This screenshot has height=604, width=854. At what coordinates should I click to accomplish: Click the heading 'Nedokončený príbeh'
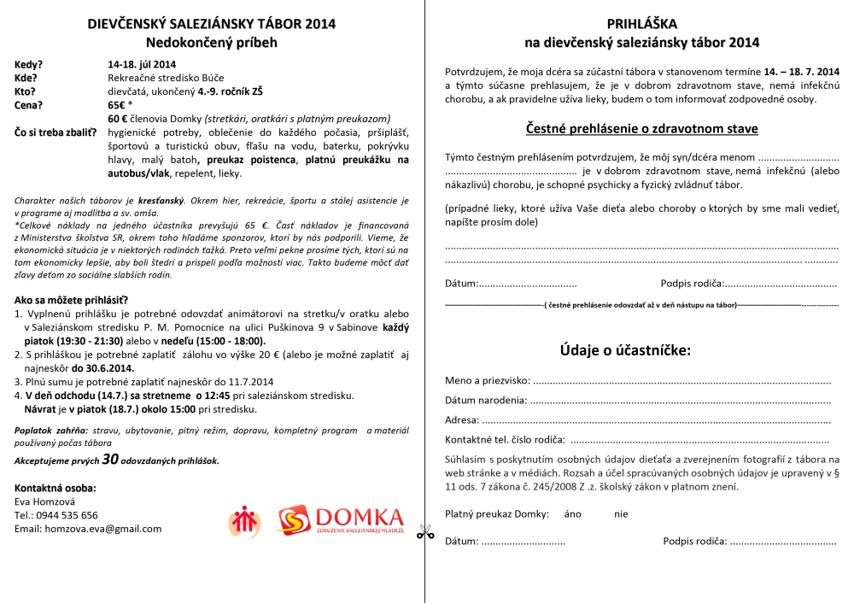212,42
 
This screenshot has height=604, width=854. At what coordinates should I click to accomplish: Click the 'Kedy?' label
29,65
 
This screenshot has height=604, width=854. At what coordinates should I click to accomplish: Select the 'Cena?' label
30,106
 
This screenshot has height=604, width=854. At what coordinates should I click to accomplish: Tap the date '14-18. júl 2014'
142,65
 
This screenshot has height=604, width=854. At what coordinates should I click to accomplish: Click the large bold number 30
110,460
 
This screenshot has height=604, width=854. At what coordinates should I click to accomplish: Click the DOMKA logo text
359,517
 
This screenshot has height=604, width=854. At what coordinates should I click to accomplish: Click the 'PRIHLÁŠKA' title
641,26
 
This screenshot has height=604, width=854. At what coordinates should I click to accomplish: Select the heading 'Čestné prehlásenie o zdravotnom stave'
641,129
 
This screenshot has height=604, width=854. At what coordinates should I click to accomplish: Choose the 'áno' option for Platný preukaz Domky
573,514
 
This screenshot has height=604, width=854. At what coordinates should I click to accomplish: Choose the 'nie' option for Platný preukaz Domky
621,514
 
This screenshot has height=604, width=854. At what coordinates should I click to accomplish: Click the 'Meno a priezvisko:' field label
488,380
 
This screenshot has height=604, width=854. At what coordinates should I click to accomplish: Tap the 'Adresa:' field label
462,420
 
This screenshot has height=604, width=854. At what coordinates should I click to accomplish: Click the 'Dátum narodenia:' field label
486,400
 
